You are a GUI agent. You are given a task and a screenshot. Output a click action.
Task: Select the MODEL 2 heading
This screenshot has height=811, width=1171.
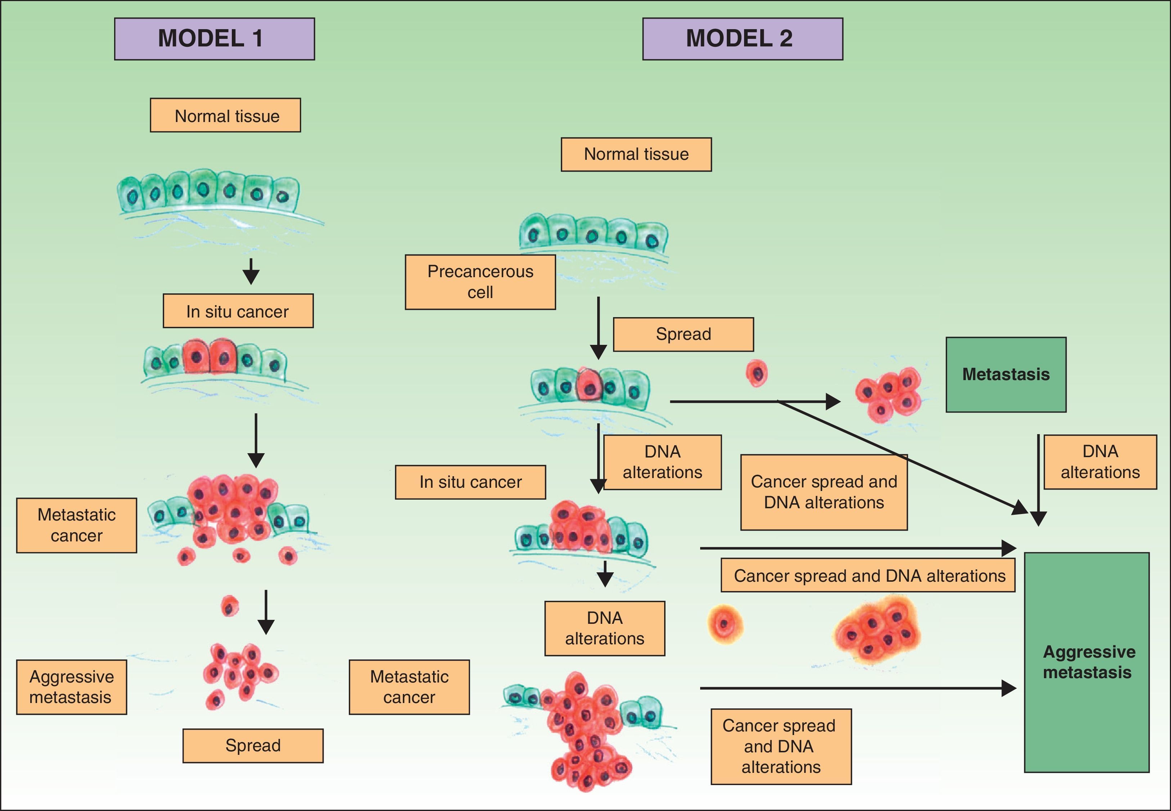pyautogui.click(x=742, y=39)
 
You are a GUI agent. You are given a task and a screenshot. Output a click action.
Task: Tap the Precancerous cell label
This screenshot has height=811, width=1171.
pyautogui.click(x=480, y=282)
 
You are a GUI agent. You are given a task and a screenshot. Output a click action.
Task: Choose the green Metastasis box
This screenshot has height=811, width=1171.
pyautogui.click(x=1005, y=374)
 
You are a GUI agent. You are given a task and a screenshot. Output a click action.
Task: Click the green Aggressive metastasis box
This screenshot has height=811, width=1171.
pyautogui.click(x=1087, y=662)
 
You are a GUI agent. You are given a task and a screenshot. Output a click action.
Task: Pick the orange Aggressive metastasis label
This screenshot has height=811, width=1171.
pyautogui.click(x=71, y=687)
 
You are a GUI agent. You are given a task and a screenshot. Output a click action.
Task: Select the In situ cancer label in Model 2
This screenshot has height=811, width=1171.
pyautogui.click(x=470, y=482)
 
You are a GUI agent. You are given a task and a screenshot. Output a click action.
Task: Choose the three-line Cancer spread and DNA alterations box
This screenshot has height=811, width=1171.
pyautogui.click(x=781, y=747)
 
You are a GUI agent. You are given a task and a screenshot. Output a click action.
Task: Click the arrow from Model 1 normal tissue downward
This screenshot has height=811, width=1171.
pyautogui.click(x=251, y=271)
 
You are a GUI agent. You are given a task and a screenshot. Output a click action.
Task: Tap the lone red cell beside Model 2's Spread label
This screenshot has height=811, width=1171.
pyautogui.click(x=756, y=374)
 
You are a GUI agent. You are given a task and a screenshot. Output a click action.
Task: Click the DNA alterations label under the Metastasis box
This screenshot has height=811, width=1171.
pyautogui.click(x=1100, y=462)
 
